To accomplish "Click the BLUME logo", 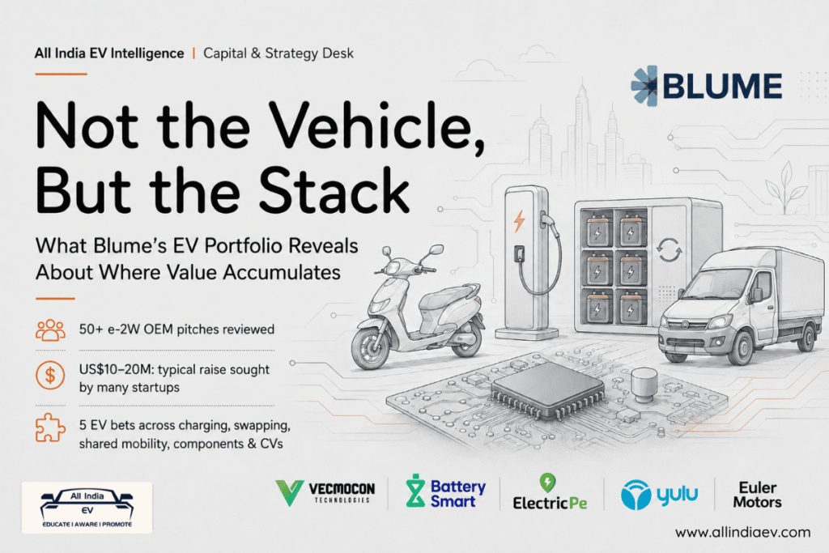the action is click(706, 86).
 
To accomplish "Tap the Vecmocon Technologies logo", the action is click(325, 493).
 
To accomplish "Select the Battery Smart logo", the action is click(445, 491).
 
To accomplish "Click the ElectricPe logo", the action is click(550, 492).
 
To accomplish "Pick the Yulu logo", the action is click(659, 495).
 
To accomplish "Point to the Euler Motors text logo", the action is click(757, 495).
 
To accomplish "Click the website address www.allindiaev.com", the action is click(742, 532).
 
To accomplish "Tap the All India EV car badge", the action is click(87, 508).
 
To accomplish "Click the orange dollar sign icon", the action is click(50, 376).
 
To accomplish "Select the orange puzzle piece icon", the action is click(50, 428).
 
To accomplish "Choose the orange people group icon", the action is click(50, 330).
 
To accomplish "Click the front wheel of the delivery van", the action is click(742, 347).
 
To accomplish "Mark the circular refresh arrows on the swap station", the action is click(669, 249).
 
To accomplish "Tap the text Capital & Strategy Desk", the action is click(278, 53).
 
